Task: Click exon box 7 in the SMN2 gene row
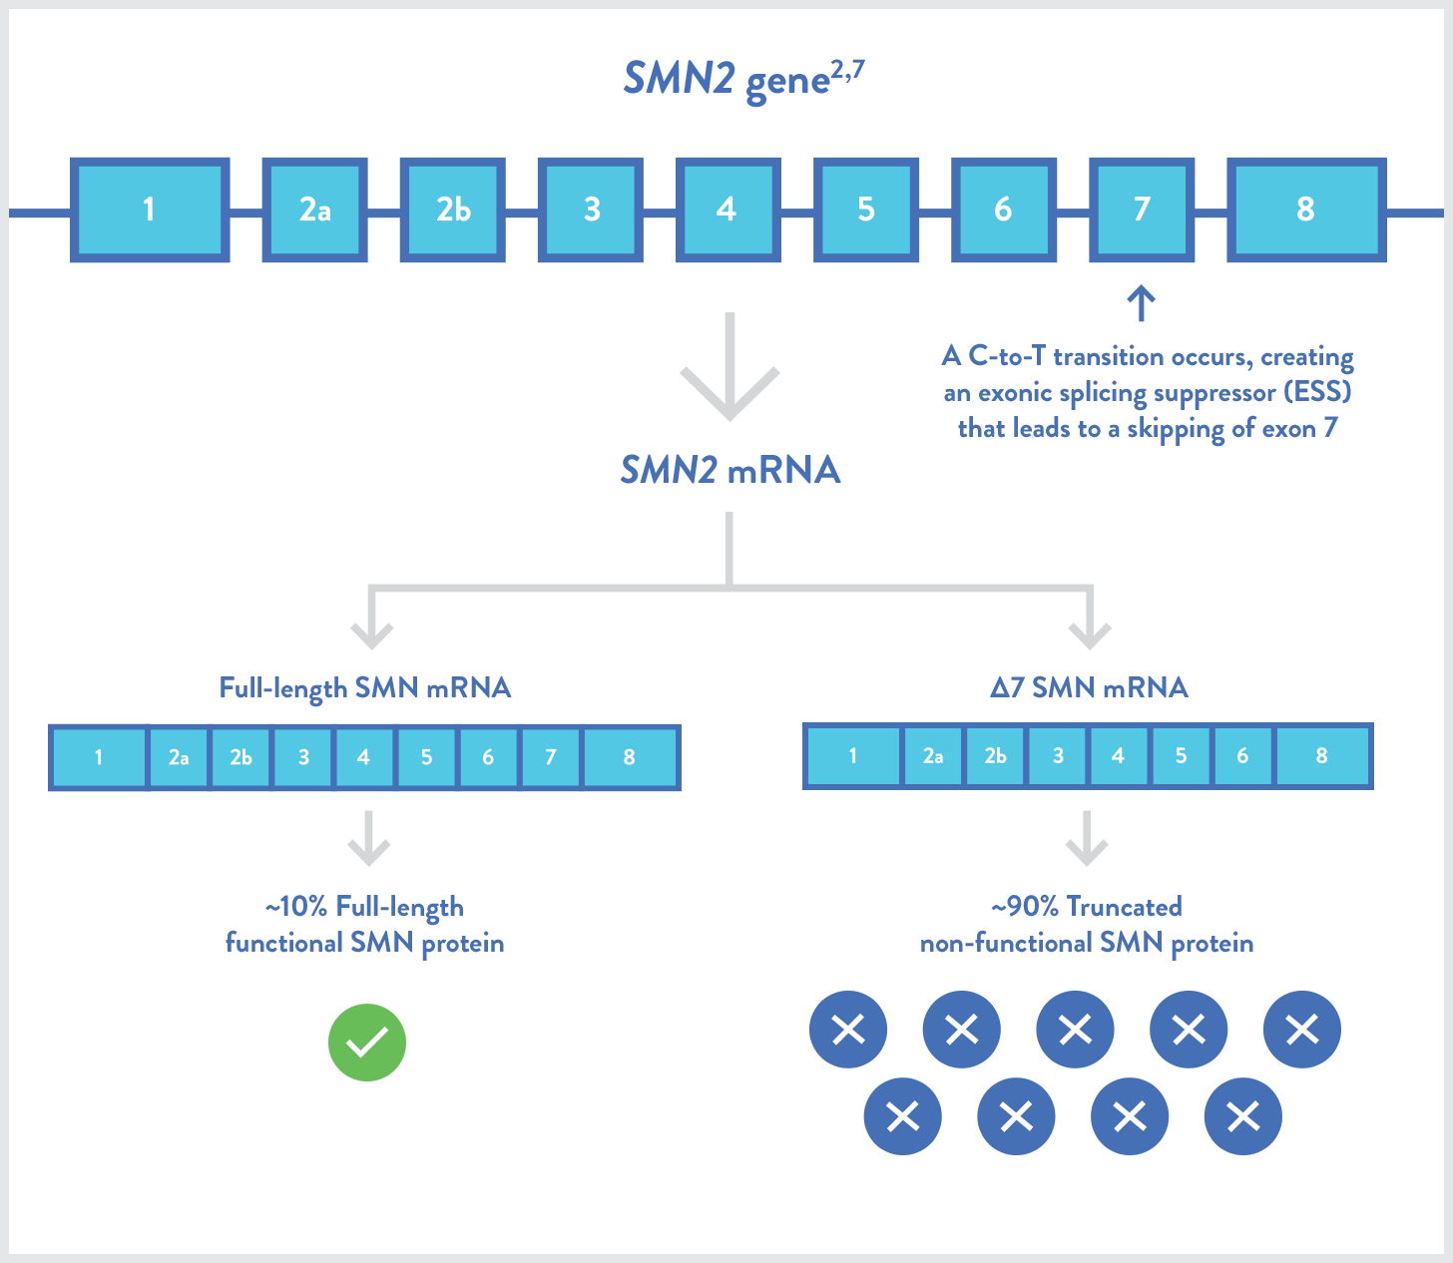pyautogui.click(x=1142, y=210)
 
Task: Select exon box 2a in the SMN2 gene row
pyautogui.click(x=314, y=210)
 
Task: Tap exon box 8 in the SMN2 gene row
pyautogui.click(x=1306, y=210)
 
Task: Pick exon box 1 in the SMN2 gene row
pyautogui.click(x=149, y=210)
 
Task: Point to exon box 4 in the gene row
pyautogui.click(x=727, y=210)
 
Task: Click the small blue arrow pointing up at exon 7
pyautogui.click(x=1142, y=303)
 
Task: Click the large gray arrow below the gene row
pyautogui.click(x=729, y=366)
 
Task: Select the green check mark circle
pyautogui.click(x=366, y=1043)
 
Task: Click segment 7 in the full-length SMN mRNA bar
pyautogui.click(x=551, y=757)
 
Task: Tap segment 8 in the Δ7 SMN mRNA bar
pyautogui.click(x=1322, y=756)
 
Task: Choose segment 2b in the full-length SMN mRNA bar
pyautogui.click(x=241, y=757)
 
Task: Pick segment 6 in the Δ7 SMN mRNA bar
pyautogui.click(x=1242, y=756)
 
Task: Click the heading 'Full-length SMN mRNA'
pyautogui.click(x=365, y=688)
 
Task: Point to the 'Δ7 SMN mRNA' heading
pyautogui.click(x=1089, y=688)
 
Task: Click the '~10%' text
pyautogui.click(x=296, y=907)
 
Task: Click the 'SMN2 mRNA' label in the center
pyautogui.click(x=730, y=470)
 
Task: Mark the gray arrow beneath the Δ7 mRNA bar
pyautogui.click(x=1088, y=838)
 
